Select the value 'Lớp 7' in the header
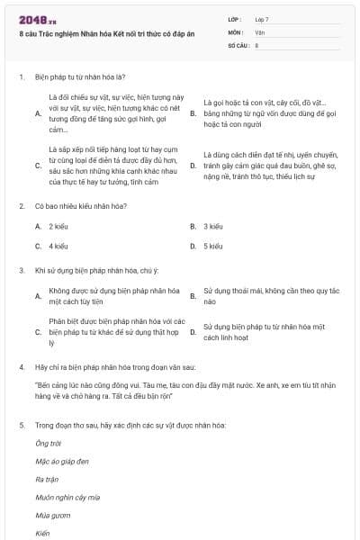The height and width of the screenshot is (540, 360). pos(262,19)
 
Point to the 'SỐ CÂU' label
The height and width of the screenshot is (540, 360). pos(238,44)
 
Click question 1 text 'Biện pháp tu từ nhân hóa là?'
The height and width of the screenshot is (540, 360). pos(79,77)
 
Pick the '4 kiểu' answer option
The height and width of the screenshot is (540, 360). pos(58,245)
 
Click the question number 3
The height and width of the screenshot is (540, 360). pos(21,269)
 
